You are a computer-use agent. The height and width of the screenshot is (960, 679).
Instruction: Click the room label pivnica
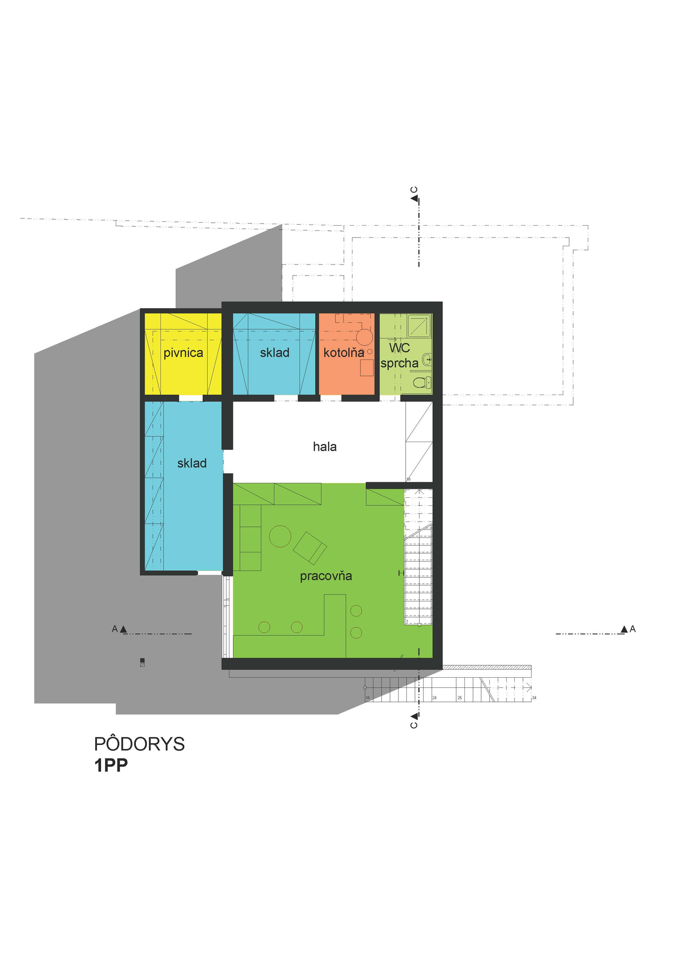pos(183,353)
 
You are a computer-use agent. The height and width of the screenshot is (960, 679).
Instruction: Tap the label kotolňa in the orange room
pos(343,353)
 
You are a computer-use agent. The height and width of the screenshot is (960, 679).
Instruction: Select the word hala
pos(325,447)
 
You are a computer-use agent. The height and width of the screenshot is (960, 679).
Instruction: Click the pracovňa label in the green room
pos(326,576)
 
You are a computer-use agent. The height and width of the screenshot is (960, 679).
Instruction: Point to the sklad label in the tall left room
pos(192,463)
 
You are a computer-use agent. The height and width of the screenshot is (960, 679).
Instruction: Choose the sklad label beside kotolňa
pos(275,353)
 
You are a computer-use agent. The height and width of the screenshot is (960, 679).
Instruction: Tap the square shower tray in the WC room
pos(419,326)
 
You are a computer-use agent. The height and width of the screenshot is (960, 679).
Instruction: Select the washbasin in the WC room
pos(426,359)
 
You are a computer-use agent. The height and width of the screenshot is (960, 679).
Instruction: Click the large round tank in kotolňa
pos(364,337)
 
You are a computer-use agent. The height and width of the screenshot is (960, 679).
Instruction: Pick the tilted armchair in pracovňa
pos(310,548)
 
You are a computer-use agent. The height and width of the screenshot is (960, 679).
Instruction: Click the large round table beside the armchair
pos(280,536)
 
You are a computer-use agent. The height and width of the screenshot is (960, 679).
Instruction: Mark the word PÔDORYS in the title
pos(139,744)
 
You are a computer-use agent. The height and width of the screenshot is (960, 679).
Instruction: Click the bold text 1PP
pos(111,765)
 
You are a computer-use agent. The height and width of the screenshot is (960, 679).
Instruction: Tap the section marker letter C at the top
pos(414,190)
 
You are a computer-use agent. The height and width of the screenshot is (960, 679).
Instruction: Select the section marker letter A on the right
pos(632,629)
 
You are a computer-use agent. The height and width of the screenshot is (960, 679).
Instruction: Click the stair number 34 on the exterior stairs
pos(534,698)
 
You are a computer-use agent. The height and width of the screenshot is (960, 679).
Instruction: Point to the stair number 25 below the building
pos(460,698)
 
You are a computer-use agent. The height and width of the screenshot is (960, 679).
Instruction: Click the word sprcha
pos(399,363)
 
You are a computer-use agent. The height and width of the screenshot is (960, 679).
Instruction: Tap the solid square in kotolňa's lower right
pos(367,368)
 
